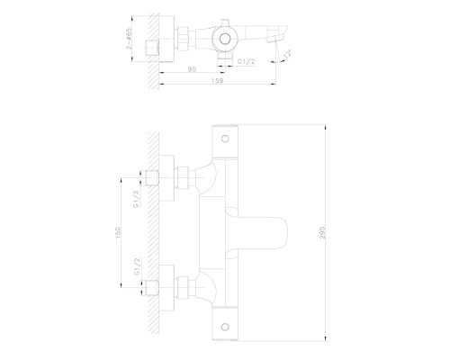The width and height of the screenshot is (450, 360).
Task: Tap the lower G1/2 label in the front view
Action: tap(135, 269)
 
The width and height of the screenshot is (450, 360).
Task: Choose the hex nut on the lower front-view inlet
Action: tap(185, 289)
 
